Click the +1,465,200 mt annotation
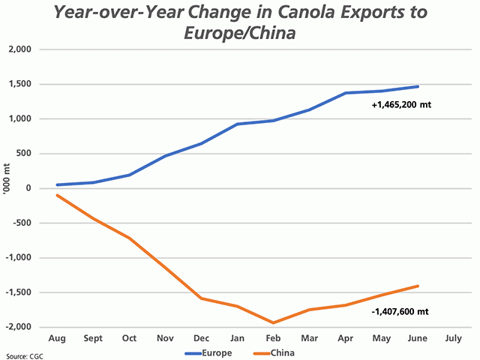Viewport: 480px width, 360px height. (401, 106)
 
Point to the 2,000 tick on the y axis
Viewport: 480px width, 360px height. (28, 49)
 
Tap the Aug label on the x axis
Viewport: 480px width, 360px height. (58, 338)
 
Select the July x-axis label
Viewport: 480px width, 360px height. (453, 338)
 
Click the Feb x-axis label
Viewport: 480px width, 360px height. (274, 338)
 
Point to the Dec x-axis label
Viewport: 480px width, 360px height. (202, 338)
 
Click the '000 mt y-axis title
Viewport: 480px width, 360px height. (8, 188)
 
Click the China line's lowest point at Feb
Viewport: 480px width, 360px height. (274, 322)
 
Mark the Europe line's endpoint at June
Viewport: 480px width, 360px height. (418, 86)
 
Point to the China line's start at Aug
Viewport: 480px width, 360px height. (58, 195)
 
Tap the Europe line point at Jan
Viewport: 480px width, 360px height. (238, 124)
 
